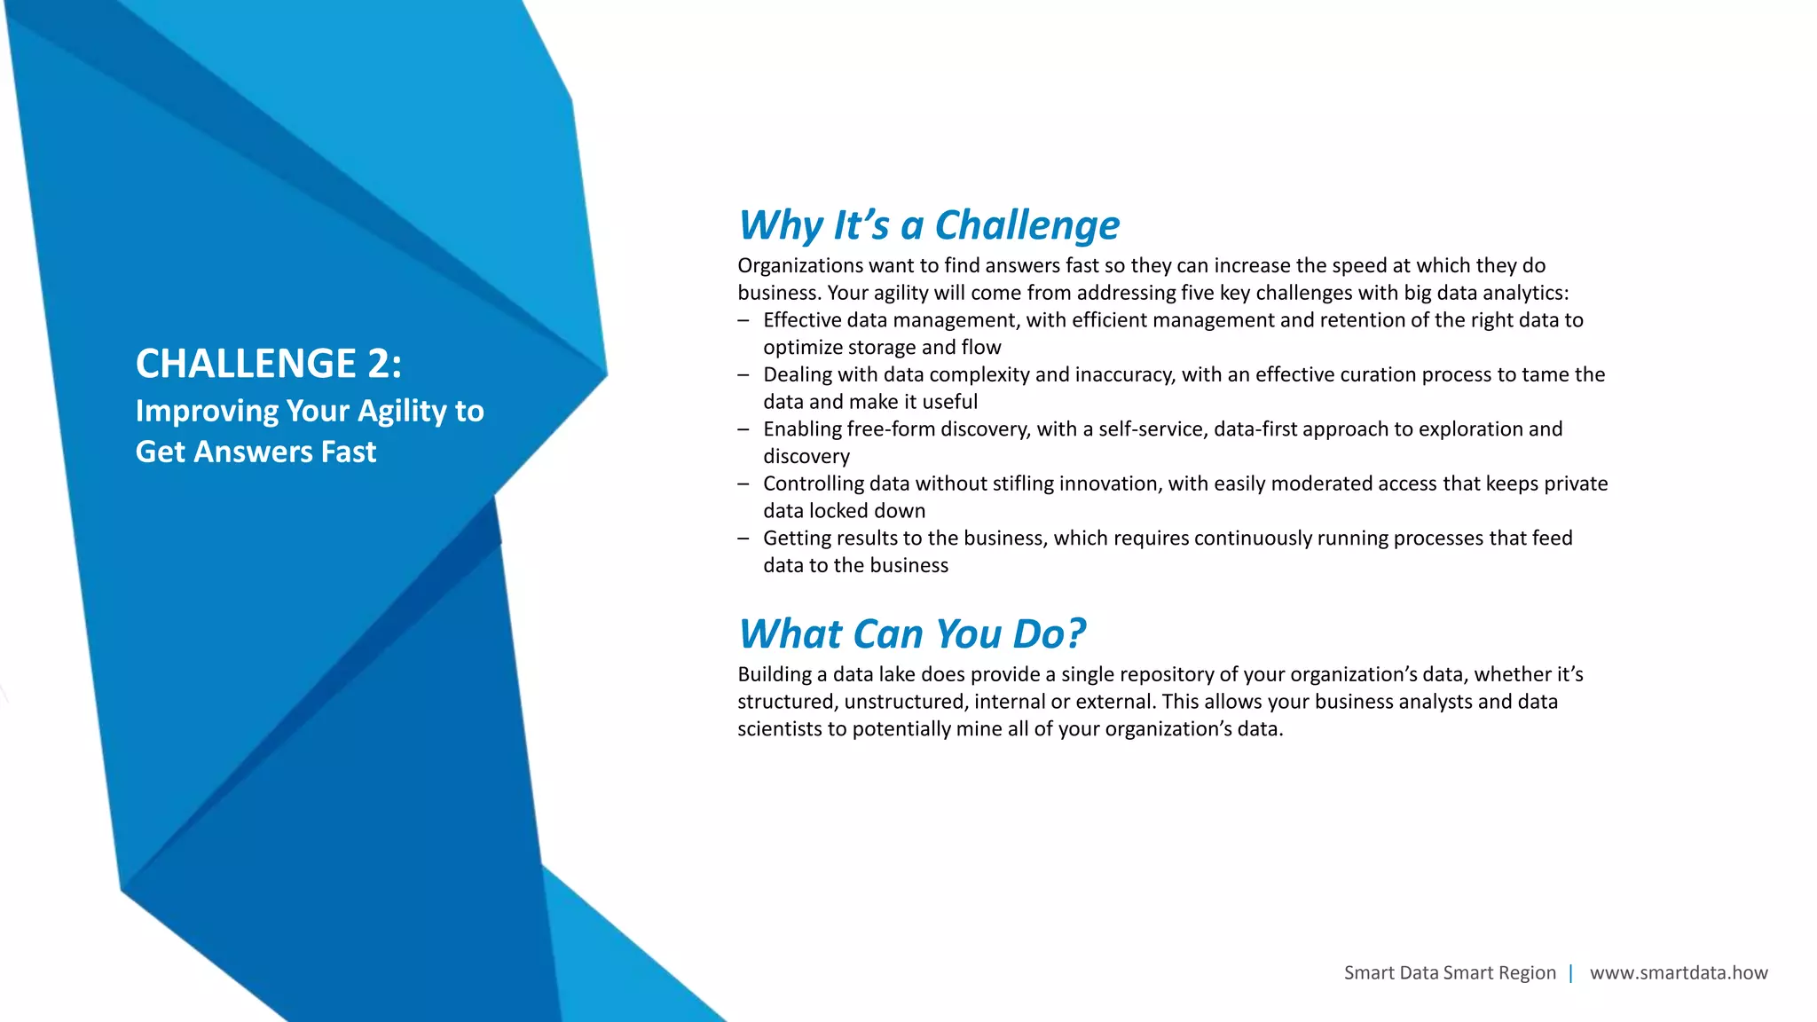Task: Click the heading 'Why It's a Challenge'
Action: pyautogui.click(x=928, y=225)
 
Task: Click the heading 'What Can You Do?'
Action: pyautogui.click(x=911, y=634)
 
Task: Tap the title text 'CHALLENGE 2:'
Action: pyautogui.click(x=268, y=364)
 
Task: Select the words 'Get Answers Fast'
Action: pyautogui.click(x=256, y=452)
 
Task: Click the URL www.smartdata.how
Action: pyautogui.click(x=1678, y=972)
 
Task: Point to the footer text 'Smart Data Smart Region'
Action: pyautogui.click(x=1449, y=972)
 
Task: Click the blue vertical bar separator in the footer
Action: pyautogui.click(x=1570, y=972)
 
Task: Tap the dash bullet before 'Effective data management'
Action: pyautogui.click(x=743, y=320)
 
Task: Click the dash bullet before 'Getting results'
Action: pyautogui.click(x=743, y=539)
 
